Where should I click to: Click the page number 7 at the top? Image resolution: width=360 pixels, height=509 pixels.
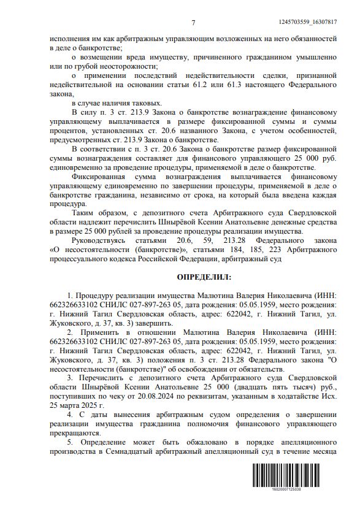[x=193, y=23]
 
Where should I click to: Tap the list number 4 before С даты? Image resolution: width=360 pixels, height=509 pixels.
[x=70, y=415]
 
